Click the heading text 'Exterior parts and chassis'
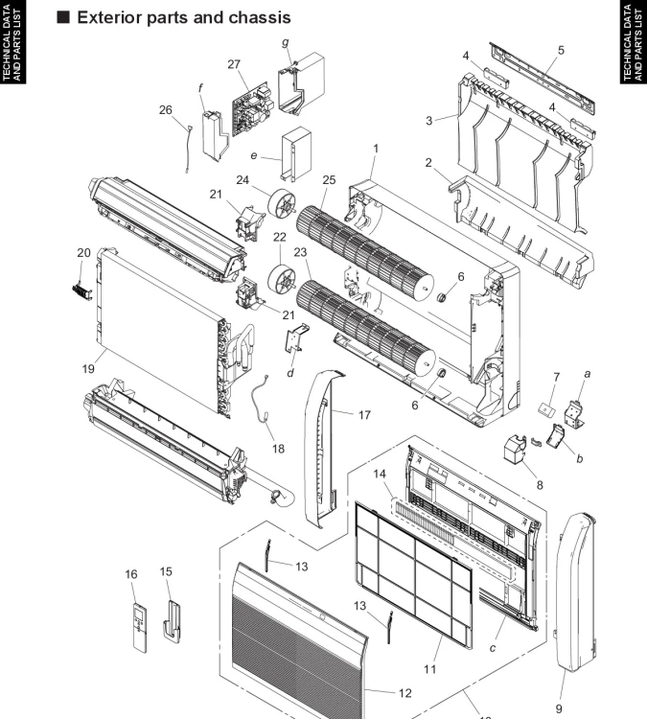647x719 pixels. coord(183,18)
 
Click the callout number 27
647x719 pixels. coord(234,63)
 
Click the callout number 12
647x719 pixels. coord(404,691)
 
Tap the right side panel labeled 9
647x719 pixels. coord(579,594)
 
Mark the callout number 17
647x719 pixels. coord(364,415)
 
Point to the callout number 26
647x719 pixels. coord(166,109)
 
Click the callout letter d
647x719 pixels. coord(289,373)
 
